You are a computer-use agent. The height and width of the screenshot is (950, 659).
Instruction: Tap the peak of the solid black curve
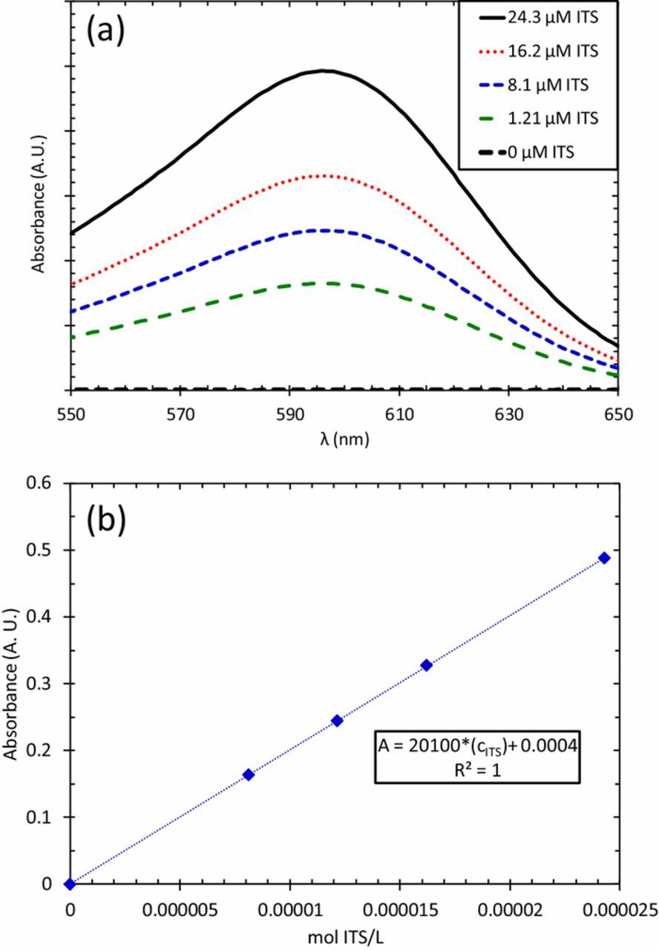(x=325, y=71)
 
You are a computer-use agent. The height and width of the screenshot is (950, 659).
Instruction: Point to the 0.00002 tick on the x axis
(x=509, y=909)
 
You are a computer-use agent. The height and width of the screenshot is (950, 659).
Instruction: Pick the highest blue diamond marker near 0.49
(x=604, y=558)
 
